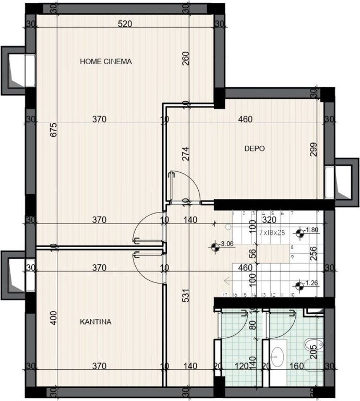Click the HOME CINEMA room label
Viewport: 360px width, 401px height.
point(105,61)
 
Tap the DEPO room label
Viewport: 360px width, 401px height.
point(255,149)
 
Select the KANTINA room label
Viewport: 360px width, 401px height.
point(95,322)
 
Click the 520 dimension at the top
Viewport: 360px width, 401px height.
point(124,24)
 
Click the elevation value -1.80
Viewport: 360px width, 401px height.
point(311,230)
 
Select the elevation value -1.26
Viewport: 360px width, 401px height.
point(311,284)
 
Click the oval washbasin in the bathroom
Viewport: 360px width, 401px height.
point(278,357)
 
